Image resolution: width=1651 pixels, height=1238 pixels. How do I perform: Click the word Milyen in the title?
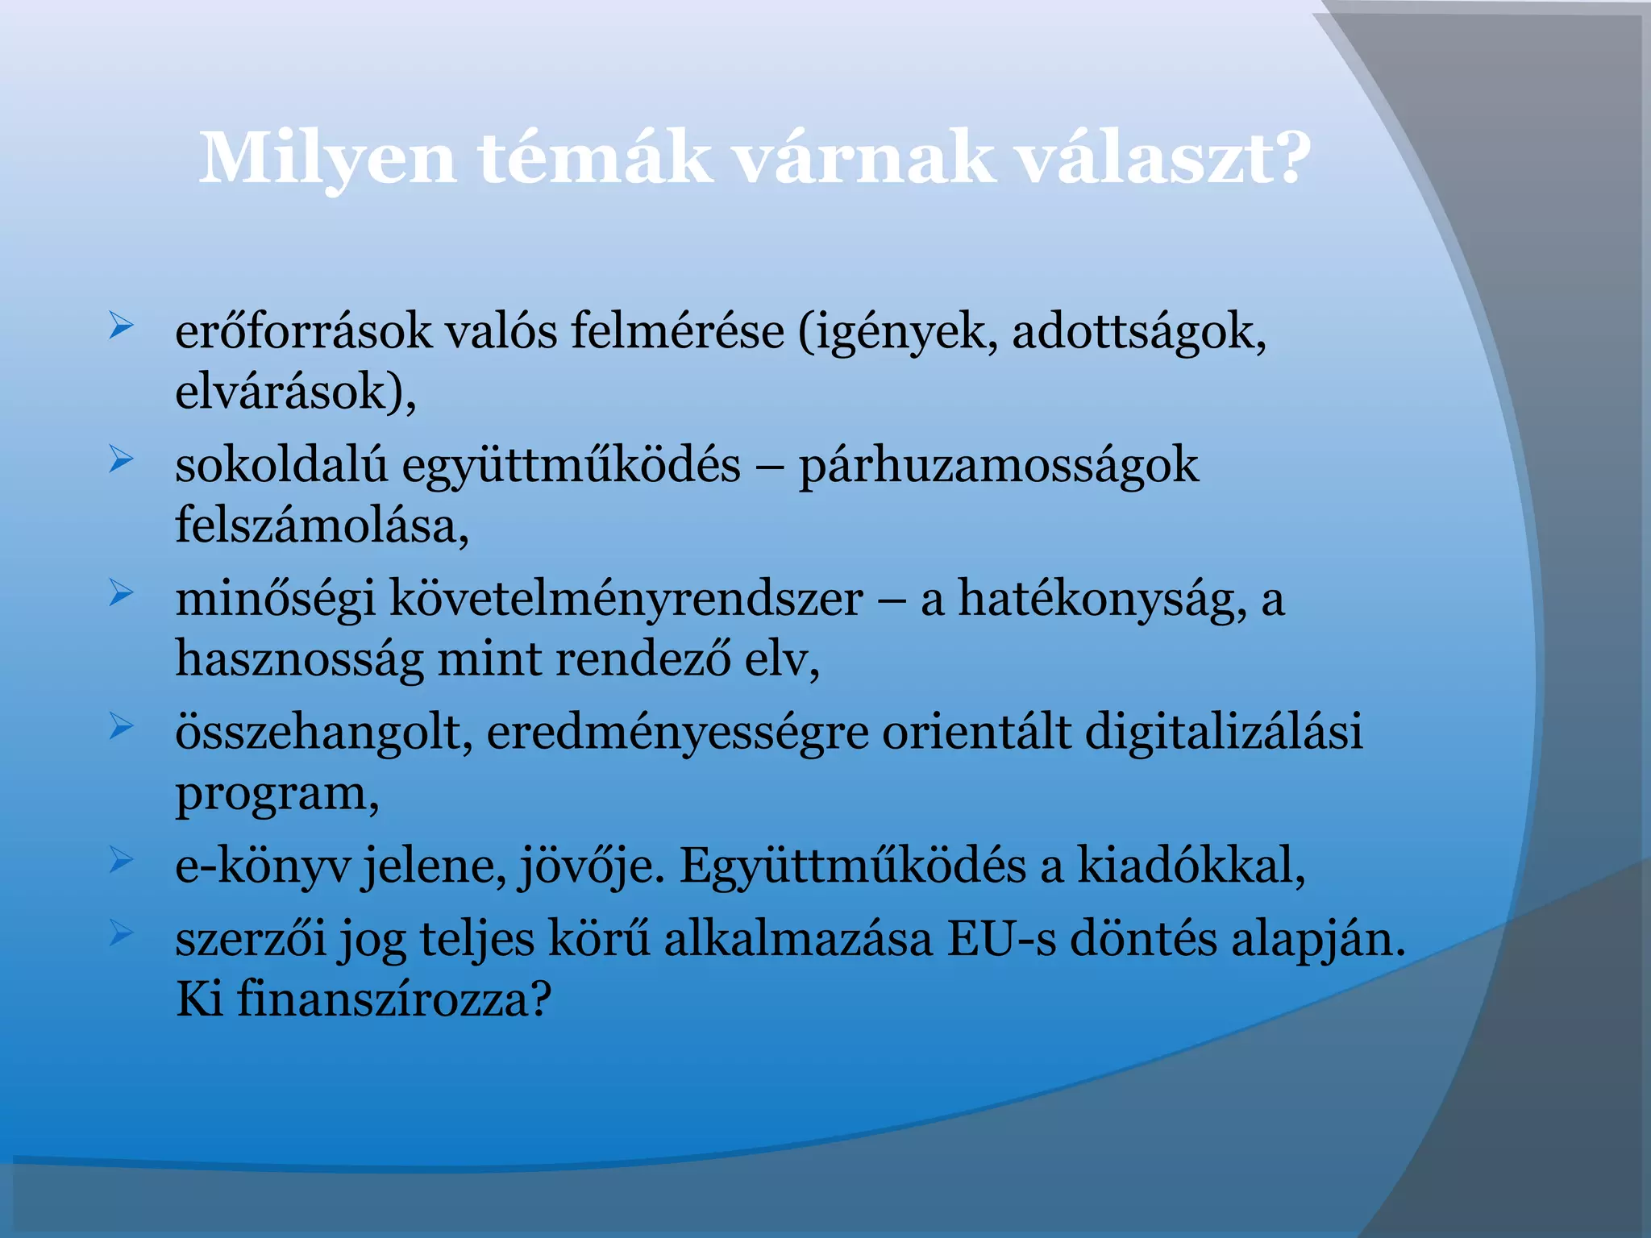[x=327, y=160]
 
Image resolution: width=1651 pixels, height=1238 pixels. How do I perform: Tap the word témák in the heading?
[x=596, y=158]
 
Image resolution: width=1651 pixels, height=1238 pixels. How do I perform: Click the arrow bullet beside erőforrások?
[x=121, y=326]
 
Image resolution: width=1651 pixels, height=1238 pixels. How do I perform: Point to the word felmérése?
[x=677, y=331]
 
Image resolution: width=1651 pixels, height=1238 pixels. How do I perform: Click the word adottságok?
[x=1138, y=331]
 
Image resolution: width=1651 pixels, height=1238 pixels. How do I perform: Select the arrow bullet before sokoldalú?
[x=121, y=460]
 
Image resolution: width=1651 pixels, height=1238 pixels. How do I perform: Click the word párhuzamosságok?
[x=998, y=467]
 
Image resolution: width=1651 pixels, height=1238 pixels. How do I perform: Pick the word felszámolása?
[x=322, y=526]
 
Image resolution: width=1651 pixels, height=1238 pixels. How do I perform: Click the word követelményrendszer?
[x=626, y=599]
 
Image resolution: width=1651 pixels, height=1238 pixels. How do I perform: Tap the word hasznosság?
[x=299, y=660]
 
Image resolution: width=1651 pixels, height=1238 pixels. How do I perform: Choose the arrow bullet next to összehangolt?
[x=121, y=727]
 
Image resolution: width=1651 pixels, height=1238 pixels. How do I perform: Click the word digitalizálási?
[x=1224, y=732]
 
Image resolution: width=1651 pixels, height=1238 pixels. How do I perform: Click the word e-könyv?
[x=263, y=866]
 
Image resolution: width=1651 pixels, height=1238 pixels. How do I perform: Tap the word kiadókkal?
[x=1191, y=865]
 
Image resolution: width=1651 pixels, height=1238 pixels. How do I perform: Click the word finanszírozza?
[x=394, y=999]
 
